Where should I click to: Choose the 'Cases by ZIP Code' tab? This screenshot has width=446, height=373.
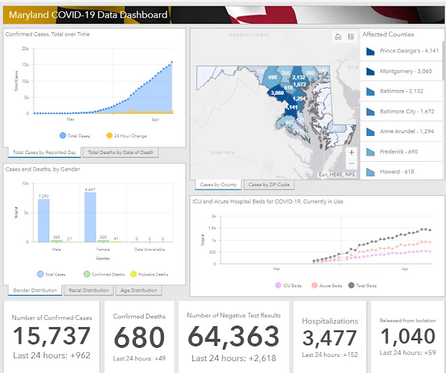tap(270, 185)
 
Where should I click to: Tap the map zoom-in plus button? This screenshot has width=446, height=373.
tap(351, 151)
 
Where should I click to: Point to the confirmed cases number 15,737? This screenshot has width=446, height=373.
tap(52, 336)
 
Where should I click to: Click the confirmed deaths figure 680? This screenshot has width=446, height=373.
tap(139, 337)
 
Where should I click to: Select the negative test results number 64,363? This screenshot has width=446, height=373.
tap(233, 337)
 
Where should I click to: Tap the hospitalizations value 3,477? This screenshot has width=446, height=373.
tap(330, 339)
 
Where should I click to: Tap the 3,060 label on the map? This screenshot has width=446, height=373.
tap(277, 93)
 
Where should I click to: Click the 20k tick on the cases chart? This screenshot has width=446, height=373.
tap(25, 49)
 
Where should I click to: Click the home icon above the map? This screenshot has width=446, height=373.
tap(338, 37)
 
